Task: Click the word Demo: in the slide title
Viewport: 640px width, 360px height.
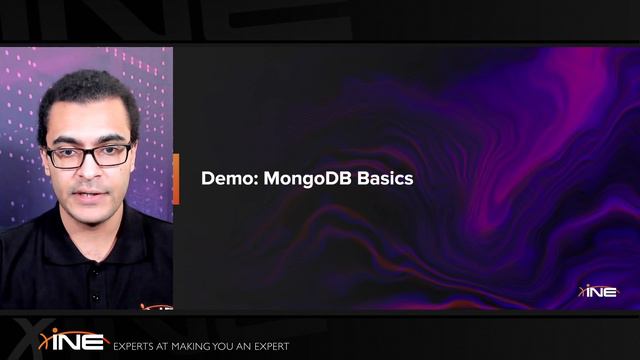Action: coord(227,179)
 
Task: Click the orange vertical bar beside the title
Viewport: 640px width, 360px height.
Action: coord(176,179)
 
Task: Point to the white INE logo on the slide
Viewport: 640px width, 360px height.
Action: coord(600,291)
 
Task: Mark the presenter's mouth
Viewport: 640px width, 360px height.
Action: coord(90,189)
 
